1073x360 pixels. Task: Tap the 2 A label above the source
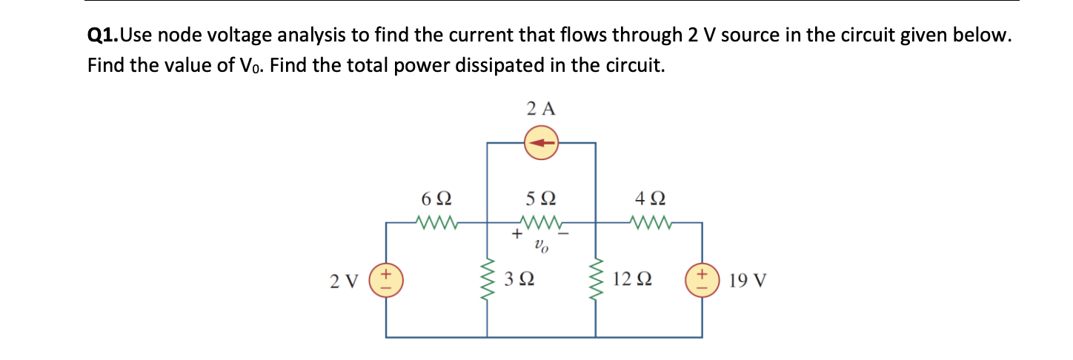pyautogui.click(x=541, y=109)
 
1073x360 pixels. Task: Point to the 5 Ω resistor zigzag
pyautogui.click(x=542, y=221)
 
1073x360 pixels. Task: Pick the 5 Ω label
pyautogui.click(x=541, y=199)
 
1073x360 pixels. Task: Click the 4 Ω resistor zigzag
pyautogui.click(x=650, y=221)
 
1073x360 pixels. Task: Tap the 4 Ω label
pyautogui.click(x=650, y=199)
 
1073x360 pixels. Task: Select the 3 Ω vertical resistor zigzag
pyautogui.click(x=487, y=281)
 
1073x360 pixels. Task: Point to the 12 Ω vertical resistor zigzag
pyautogui.click(x=596, y=281)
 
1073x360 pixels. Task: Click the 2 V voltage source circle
pyautogui.click(x=385, y=281)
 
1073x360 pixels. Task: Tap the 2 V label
pyautogui.click(x=345, y=281)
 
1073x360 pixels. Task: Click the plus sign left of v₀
pyautogui.click(x=516, y=235)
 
